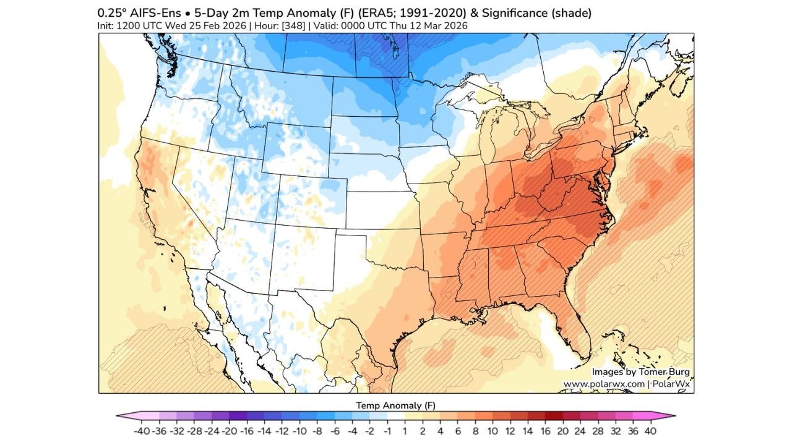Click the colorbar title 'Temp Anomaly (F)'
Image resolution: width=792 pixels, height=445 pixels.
click(x=396, y=405)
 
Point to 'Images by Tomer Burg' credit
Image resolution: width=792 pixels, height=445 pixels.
click(x=640, y=371)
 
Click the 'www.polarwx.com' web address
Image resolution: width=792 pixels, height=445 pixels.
click(x=603, y=384)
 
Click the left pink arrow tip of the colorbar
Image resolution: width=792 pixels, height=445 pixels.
click(x=119, y=417)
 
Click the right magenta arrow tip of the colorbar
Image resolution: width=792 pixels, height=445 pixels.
click(x=673, y=417)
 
